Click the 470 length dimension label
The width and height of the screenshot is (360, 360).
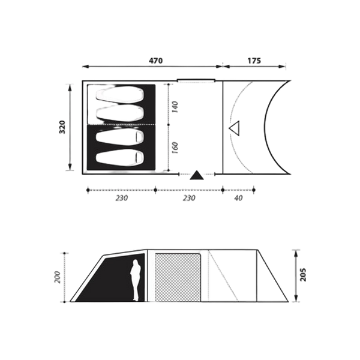[x=155, y=61]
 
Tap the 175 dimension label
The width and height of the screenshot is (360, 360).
[x=254, y=61]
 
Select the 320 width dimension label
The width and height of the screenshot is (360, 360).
[x=62, y=127]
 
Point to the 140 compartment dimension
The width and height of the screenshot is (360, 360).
[x=175, y=107]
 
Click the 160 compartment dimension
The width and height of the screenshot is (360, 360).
[x=175, y=148]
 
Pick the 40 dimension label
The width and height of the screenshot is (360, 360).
[x=239, y=198]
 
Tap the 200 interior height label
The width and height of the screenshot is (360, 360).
[x=58, y=277]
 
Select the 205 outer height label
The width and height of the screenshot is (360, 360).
[x=303, y=274]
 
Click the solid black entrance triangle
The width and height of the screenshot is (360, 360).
[x=197, y=175]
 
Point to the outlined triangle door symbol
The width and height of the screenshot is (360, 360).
[x=235, y=128]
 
